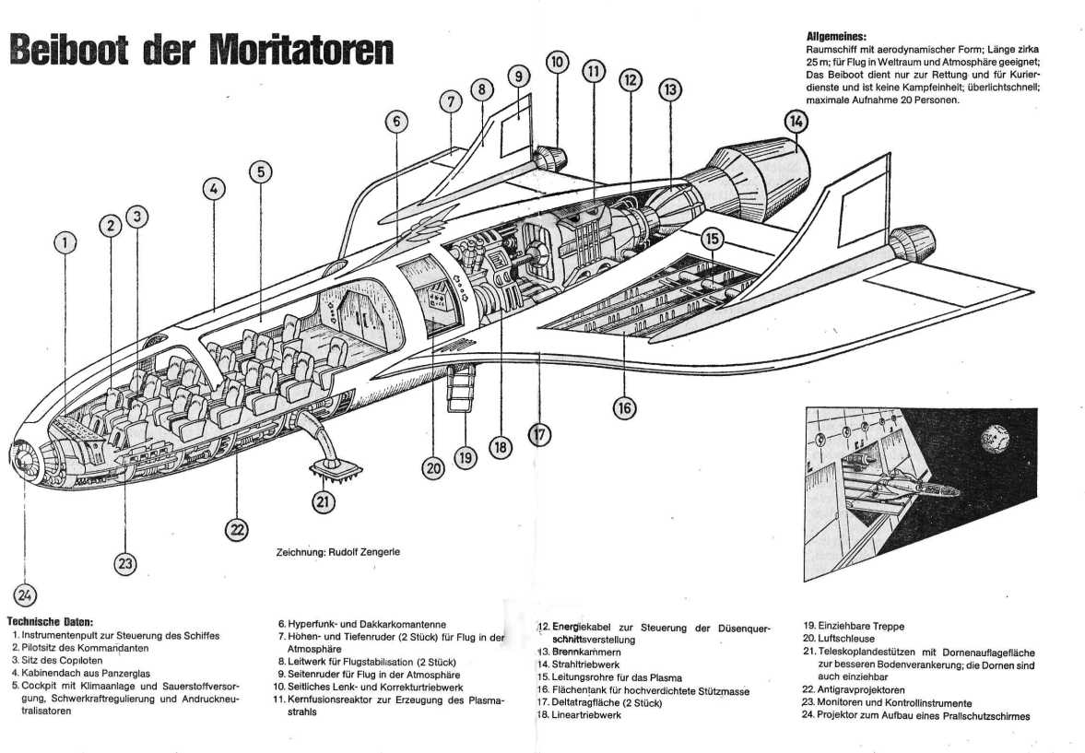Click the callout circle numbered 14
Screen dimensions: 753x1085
pyautogui.click(x=796, y=121)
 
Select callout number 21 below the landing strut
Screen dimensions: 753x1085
pyautogui.click(x=324, y=501)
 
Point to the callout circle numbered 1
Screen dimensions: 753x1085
pyautogui.click(x=64, y=243)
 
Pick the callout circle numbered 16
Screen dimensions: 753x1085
pyautogui.click(x=624, y=406)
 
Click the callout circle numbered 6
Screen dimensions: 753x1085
pyautogui.click(x=396, y=122)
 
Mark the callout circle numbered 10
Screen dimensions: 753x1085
pyautogui.click(x=557, y=63)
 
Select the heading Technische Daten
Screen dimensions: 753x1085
pyautogui.click(x=50, y=620)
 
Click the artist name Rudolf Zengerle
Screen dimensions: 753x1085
pyautogui.click(x=365, y=552)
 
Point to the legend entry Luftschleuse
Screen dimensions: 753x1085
pyautogui.click(x=846, y=638)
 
